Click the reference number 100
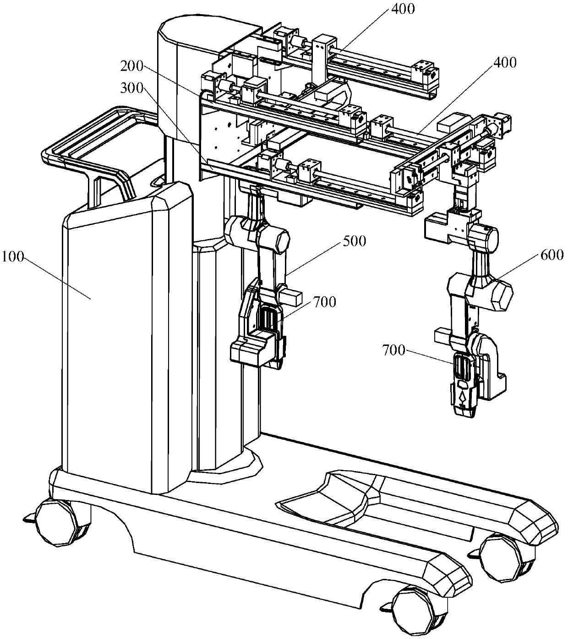[x=14, y=257]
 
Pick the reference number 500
[x=354, y=241]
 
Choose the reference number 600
[x=551, y=255]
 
